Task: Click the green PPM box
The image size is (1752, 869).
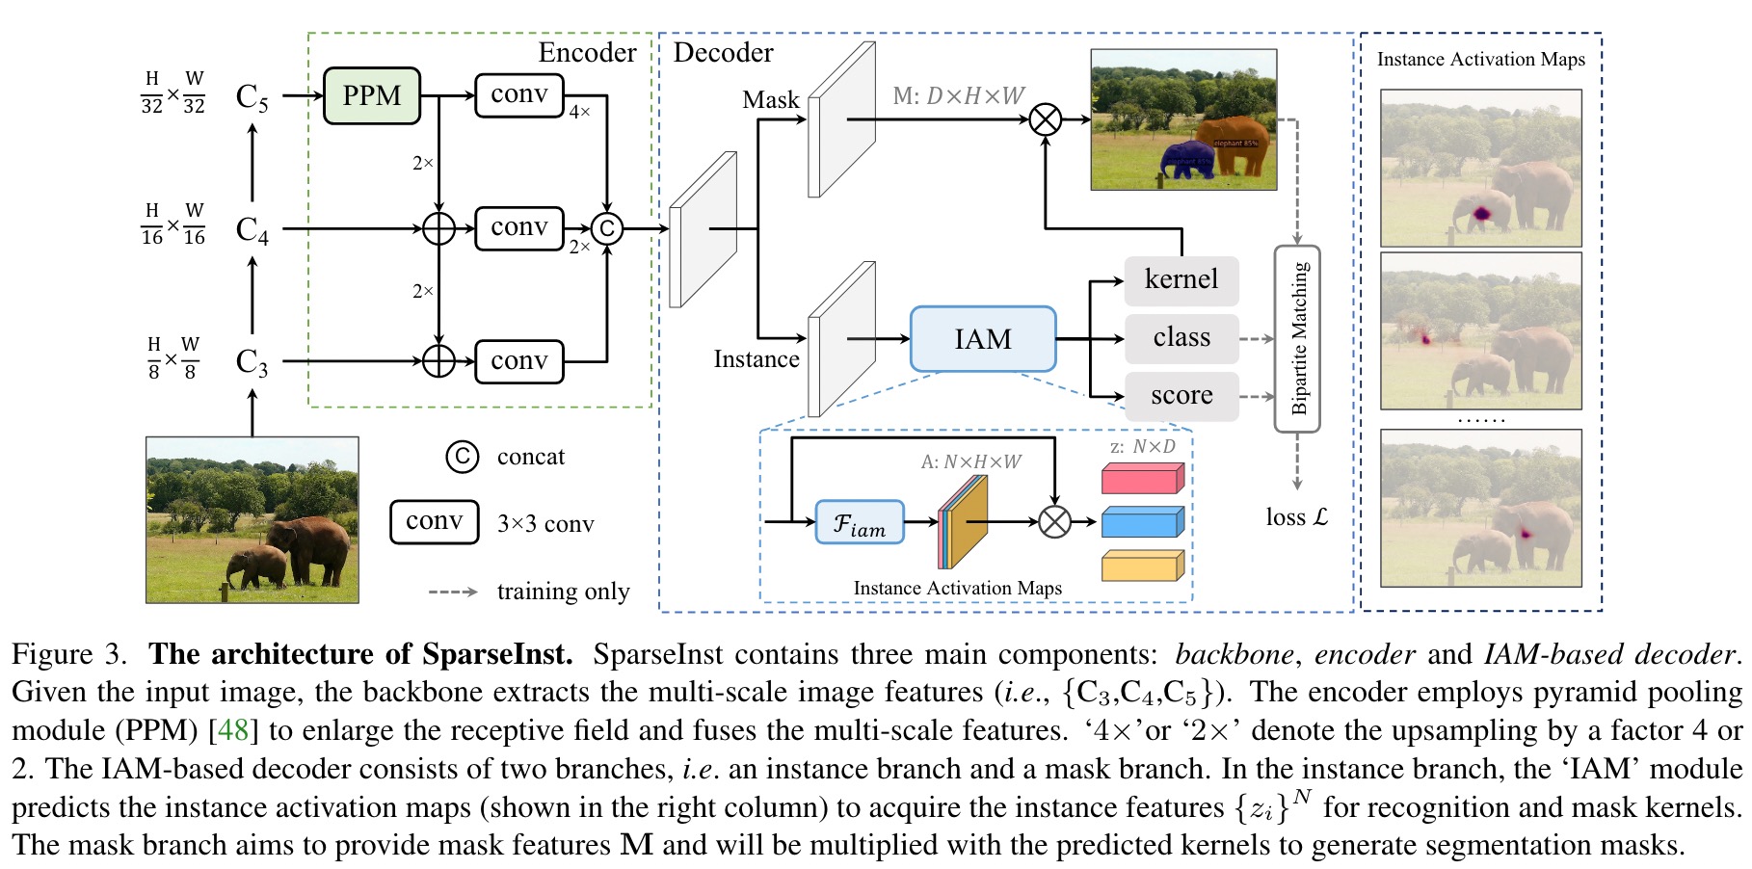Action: coord(371,95)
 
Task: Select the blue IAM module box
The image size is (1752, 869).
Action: coord(982,339)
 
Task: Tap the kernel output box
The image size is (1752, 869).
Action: coord(1181,279)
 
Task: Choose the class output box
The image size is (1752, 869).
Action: coord(1181,338)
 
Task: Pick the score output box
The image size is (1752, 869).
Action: coord(1181,396)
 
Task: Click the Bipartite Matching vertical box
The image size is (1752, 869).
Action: coord(1297,338)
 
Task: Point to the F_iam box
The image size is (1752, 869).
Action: coord(860,522)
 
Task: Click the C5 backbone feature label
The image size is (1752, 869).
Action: coord(252,97)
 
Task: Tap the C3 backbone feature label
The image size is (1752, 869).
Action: coord(252,362)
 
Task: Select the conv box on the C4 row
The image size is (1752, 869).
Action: coord(518,228)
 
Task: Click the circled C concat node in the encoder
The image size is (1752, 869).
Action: coord(606,228)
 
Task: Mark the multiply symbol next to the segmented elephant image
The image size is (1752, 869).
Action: coord(1046,120)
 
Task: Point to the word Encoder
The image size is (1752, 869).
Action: coord(587,53)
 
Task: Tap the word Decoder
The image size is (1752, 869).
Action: coord(723,53)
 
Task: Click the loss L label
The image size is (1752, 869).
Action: coord(1296,517)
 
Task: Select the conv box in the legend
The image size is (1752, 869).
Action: coord(434,522)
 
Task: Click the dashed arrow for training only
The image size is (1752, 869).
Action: coord(453,592)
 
